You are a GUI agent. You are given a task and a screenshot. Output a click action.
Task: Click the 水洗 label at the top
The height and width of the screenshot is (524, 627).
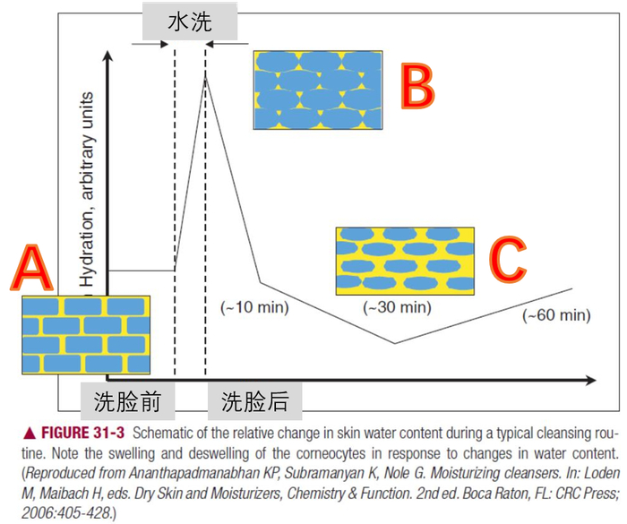click(x=189, y=21)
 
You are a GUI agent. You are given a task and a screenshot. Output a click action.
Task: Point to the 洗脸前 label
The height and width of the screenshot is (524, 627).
click(x=127, y=402)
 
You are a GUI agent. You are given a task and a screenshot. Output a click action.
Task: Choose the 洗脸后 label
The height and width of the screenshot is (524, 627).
click(x=255, y=402)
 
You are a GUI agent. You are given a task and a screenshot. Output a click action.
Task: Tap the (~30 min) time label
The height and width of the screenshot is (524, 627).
click(x=397, y=307)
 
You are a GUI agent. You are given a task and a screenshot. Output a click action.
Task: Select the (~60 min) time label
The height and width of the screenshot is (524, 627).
click(x=556, y=314)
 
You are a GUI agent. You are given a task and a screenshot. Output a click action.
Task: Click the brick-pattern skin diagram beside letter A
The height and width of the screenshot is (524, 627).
click(x=86, y=334)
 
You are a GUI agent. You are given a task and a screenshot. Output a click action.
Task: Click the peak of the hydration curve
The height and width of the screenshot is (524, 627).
click(x=206, y=78)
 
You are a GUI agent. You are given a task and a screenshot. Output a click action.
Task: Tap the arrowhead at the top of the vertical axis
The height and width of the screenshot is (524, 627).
click(x=107, y=56)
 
